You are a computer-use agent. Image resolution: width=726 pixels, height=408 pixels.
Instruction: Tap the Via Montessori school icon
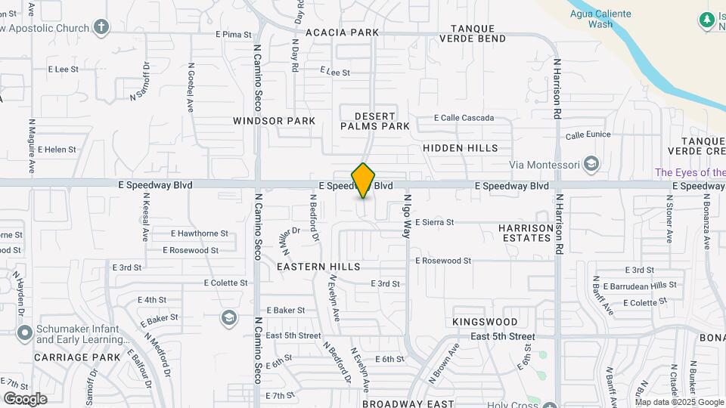[591, 164]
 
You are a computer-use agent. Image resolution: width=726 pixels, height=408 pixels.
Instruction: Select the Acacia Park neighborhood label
[342, 32]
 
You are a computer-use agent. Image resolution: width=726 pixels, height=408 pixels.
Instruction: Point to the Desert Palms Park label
[375, 121]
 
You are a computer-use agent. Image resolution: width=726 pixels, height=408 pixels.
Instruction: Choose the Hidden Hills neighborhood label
[461, 148]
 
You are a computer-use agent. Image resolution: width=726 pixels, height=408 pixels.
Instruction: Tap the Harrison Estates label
[526, 233]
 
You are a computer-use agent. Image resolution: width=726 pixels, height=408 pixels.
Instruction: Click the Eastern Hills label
[318, 267]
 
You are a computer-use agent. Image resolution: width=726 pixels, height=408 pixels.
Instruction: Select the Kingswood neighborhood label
[485, 322]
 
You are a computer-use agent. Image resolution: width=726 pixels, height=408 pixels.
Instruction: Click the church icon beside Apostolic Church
[101, 28]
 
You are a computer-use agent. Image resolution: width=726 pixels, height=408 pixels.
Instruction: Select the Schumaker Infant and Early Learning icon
[24, 332]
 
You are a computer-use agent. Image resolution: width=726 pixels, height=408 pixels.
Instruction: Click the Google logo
[25, 398]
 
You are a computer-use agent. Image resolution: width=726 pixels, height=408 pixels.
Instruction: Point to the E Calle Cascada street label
[464, 118]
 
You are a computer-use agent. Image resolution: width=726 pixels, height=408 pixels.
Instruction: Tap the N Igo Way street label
[406, 217]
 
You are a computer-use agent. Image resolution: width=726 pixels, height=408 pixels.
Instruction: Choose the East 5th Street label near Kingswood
[502, 336]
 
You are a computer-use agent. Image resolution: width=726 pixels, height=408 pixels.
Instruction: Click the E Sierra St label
[433, 222]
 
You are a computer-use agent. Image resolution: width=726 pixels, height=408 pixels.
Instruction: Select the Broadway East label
[408, 403]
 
